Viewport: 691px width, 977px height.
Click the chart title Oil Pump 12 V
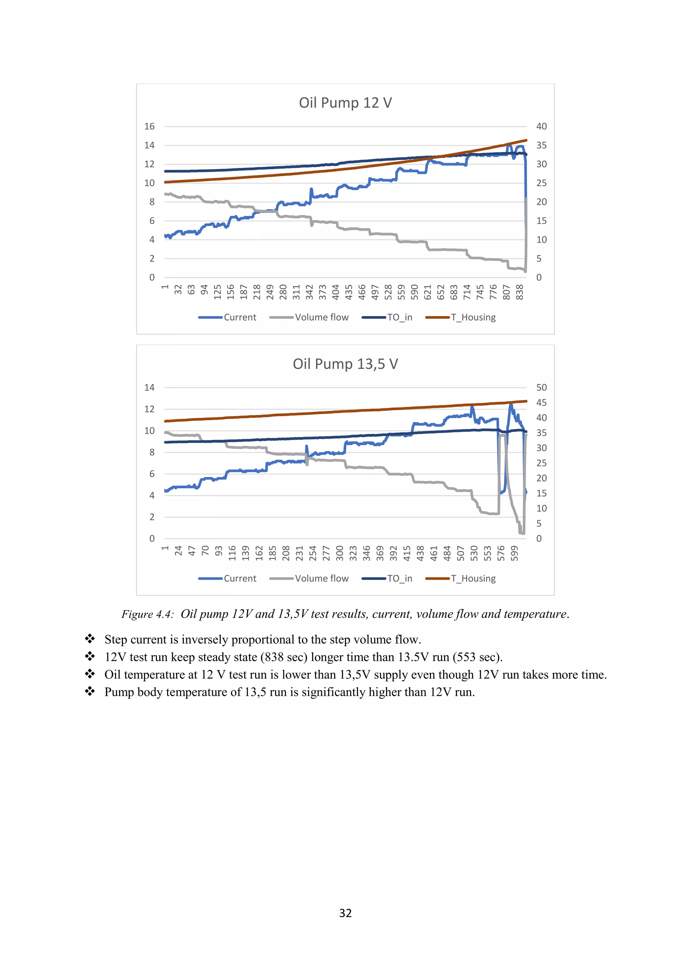(x=345, y=103)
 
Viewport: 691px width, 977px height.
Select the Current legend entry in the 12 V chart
(x=240, y=317)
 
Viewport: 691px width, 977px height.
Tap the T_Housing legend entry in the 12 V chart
(x=473, y=317)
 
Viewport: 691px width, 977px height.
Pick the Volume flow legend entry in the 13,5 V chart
(x=321, y=579)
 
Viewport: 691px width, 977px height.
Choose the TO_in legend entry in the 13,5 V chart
(x=399, y=579)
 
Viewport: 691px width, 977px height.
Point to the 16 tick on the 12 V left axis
(x=149, y=127)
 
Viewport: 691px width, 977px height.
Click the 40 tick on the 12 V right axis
(x=541, y=127)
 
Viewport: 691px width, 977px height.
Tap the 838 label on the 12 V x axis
(x=520, y=292)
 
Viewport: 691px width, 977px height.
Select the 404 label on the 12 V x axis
(x=336, y=292)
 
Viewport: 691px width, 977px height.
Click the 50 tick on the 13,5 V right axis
(x=541, y=388)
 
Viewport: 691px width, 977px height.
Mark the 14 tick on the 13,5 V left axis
(x=149, y=388)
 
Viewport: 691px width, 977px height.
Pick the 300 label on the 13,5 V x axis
(x=339, y=553)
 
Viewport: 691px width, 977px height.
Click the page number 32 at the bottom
(x=345, y=913)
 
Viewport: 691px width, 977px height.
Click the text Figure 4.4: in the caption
(x=148, y=614)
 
